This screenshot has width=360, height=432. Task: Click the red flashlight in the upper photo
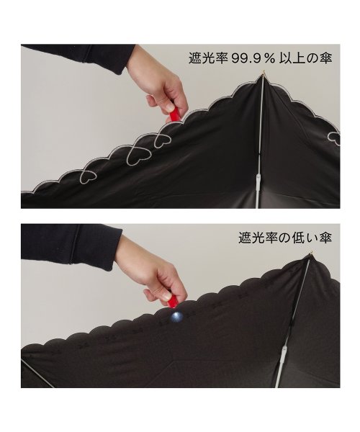[174, 113]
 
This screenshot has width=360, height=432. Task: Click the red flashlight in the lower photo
[173, 302]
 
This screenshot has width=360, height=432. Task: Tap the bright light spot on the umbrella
[176, 317]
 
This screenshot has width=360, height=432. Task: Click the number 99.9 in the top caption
[246, 58]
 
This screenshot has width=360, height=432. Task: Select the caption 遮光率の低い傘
[285, 238]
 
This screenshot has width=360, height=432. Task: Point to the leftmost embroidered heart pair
[88, 174]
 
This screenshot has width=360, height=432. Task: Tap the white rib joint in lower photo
[284, 351]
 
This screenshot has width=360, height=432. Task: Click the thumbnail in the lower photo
[166, 296]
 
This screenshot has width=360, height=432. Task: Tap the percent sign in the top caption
[269, 59]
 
